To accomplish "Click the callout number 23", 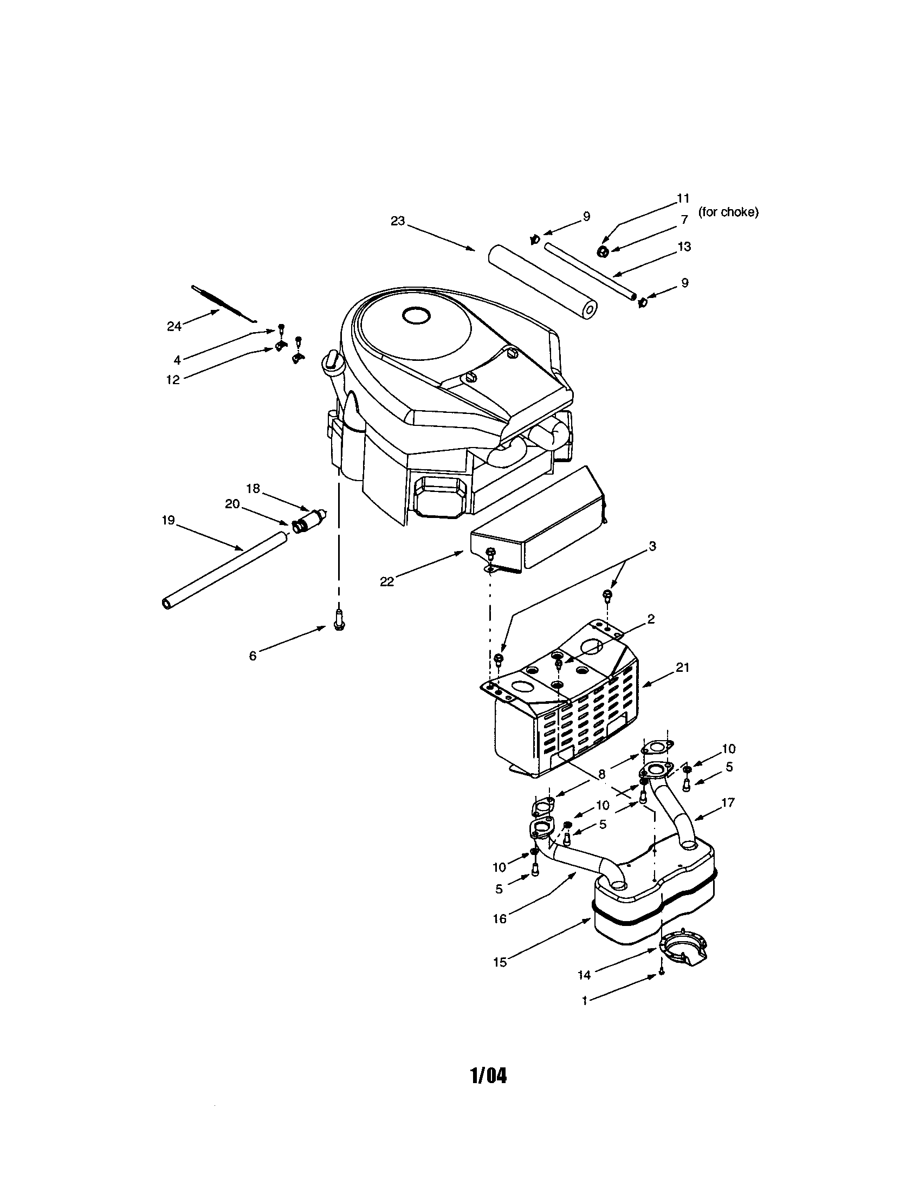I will [398, 221].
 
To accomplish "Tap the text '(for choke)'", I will [728, 212].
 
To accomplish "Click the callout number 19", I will [168, 521].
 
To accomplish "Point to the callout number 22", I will [386, 582].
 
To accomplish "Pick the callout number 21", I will [683, 668].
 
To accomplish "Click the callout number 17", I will [727, 802].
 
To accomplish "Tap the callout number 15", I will [500, 962].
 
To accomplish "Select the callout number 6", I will [253, 656].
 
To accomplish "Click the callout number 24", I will [173, 326].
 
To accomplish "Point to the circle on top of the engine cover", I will [416, 315].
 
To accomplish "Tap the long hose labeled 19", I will [224, 571].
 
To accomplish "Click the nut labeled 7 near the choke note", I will [603, 251].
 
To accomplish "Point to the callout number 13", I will [684, 247].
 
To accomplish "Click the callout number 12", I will [173, 380].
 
